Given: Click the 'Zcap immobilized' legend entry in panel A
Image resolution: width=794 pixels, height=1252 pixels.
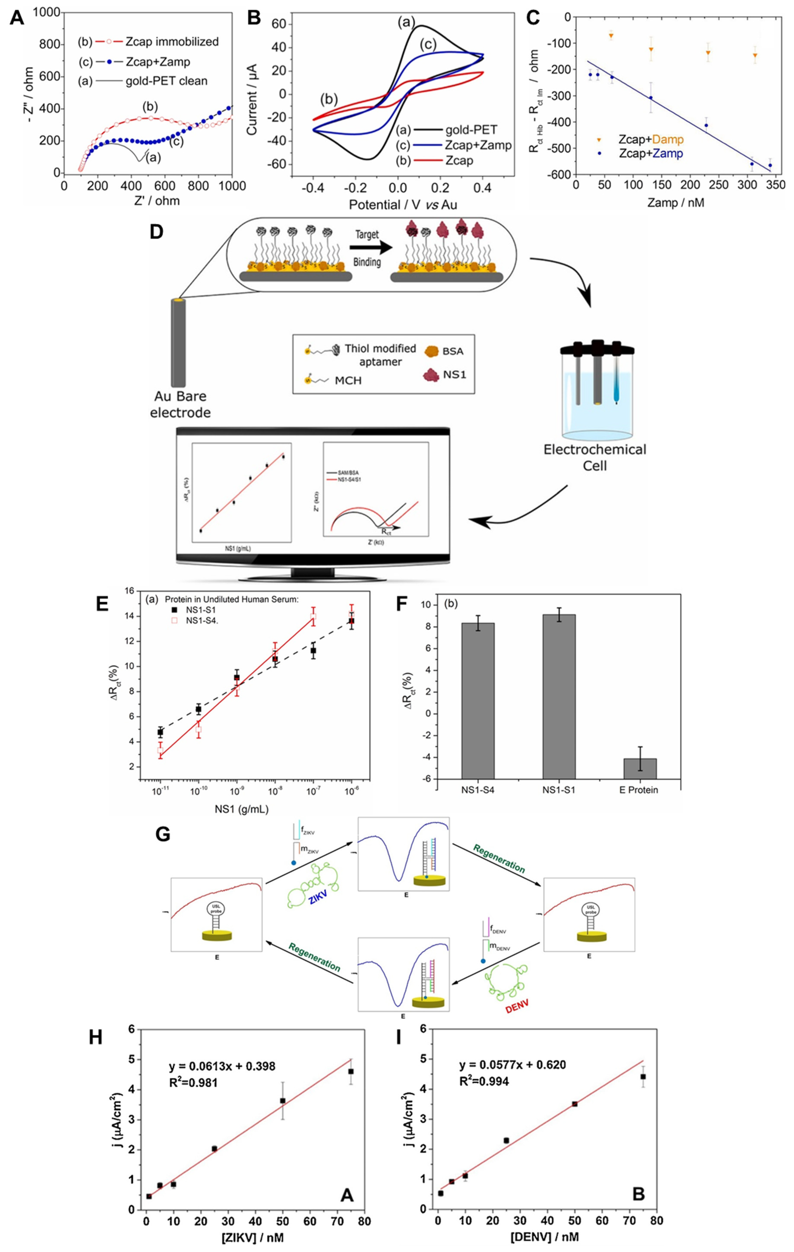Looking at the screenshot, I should (x=172, y=42).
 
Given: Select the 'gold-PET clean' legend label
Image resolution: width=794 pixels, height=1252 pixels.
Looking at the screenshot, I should (x=166, y=81).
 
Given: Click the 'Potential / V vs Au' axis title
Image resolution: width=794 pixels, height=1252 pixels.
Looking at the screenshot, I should (x=403, y=205).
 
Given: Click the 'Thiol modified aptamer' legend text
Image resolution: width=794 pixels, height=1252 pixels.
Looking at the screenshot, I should (x=380, y=355).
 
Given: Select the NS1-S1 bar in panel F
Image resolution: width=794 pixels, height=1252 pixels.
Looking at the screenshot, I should (x=559, y=697).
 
